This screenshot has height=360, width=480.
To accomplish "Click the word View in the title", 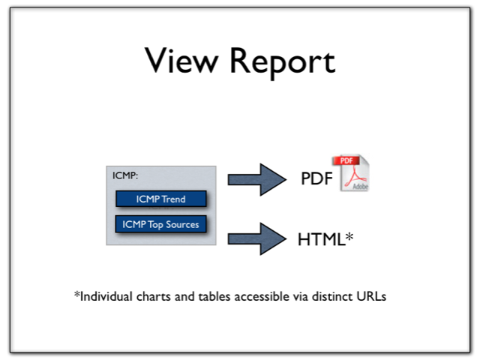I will [x=178, y=61].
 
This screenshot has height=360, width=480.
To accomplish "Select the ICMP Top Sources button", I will [x=160, y=223].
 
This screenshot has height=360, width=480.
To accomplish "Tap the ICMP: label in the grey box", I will [x=125, y=176].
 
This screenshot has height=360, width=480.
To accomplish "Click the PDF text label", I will [x=316, y=179].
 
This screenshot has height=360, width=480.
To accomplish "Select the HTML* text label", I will [x=325, y=239].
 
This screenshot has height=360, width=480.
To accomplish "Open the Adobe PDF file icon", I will [x=354, y=173].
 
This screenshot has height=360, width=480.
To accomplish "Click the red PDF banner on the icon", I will [x=346, y=161].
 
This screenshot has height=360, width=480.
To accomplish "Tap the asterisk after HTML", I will [x=349, y=236].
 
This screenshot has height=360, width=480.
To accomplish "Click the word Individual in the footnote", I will [x=106, y=296].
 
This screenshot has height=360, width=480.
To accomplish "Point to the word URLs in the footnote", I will [x=373, y=296].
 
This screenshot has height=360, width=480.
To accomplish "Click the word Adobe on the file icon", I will [x=361, y=186].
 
